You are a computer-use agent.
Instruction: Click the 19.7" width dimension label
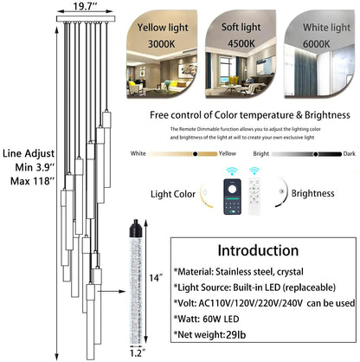[x=84, y=8]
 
